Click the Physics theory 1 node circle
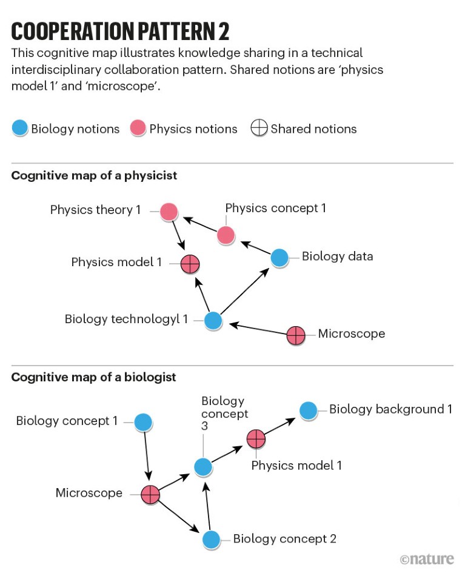point(169,212)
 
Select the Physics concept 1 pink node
point(226,235)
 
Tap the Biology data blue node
point(279,258)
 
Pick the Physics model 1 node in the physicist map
point(190,263)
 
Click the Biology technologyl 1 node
point(212,320)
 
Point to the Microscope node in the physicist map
point(295,335)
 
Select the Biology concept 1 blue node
point(143,422)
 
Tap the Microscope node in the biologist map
point(150,494)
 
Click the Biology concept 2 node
point(211,539)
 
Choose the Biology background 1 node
point(308,410)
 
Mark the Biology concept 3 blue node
point(203,466)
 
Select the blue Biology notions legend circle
point(20,129)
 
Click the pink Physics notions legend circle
point(138,129)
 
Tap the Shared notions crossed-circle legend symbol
point(259,129)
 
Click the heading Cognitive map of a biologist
point(94,377)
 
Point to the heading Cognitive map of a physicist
point(94,176)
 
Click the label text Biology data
point(337,256)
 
